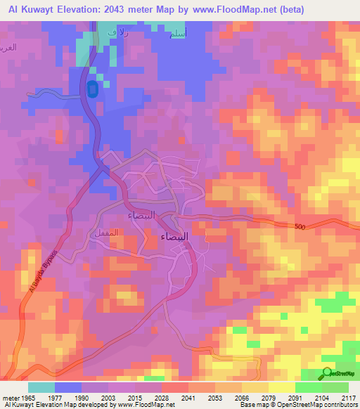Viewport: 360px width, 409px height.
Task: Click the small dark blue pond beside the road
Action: (92, 89)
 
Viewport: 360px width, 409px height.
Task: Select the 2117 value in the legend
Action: (348, 398)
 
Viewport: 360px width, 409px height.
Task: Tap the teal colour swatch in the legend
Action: (41, 387)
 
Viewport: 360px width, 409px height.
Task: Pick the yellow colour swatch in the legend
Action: (281, 387)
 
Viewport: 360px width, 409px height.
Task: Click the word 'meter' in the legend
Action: (10, 398)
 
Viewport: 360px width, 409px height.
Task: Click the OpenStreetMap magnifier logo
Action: (328, 374)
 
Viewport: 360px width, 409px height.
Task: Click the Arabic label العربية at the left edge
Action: (8, 46)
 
